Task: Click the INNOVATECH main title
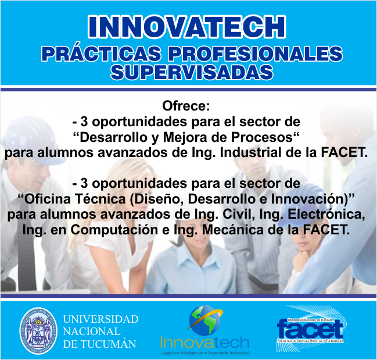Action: tap(187, 27)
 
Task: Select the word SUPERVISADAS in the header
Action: tap(192, 72)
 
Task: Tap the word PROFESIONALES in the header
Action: tap(255, 53)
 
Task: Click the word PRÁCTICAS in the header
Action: tap(101, 53)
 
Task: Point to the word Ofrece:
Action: tap(186, 106)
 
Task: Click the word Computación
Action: tap(114, 230)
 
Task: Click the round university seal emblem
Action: tap(38, 331)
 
